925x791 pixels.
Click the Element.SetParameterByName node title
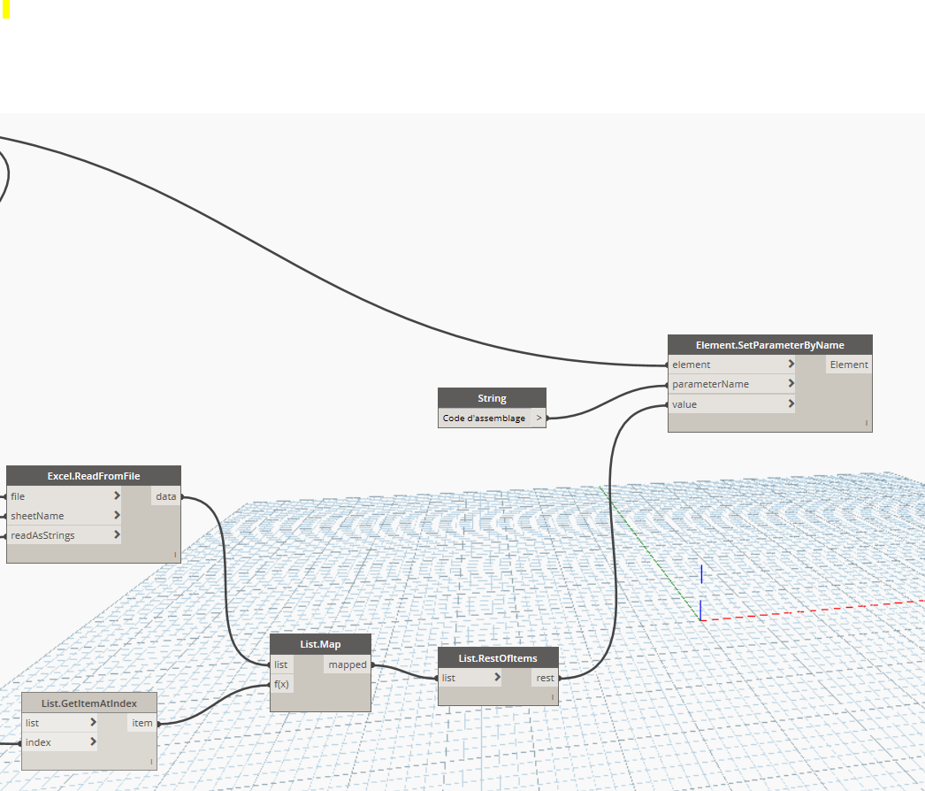[769, 345]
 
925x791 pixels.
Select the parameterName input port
[710, 384]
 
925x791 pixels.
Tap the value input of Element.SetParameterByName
[684, 404]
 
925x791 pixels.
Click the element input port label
[692, 365]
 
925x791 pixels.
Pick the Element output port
[848, 365]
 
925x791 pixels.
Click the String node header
[492, 398]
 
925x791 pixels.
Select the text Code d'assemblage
[484, 418]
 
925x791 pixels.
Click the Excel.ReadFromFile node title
[94, 476]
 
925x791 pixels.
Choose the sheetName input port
[37, 516]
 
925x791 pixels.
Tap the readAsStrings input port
[42, 535]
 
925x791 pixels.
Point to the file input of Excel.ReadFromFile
[18, 496]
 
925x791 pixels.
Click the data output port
[166, 496]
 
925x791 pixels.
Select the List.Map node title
[320, 644]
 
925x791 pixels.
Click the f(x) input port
[282, 684]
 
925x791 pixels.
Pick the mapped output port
[348, 664]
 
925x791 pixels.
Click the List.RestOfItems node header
[498, 657]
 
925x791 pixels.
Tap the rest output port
[545, 678]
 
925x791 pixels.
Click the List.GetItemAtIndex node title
[89, 703]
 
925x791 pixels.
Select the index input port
[38, 742]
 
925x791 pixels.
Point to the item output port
[141, 723]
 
